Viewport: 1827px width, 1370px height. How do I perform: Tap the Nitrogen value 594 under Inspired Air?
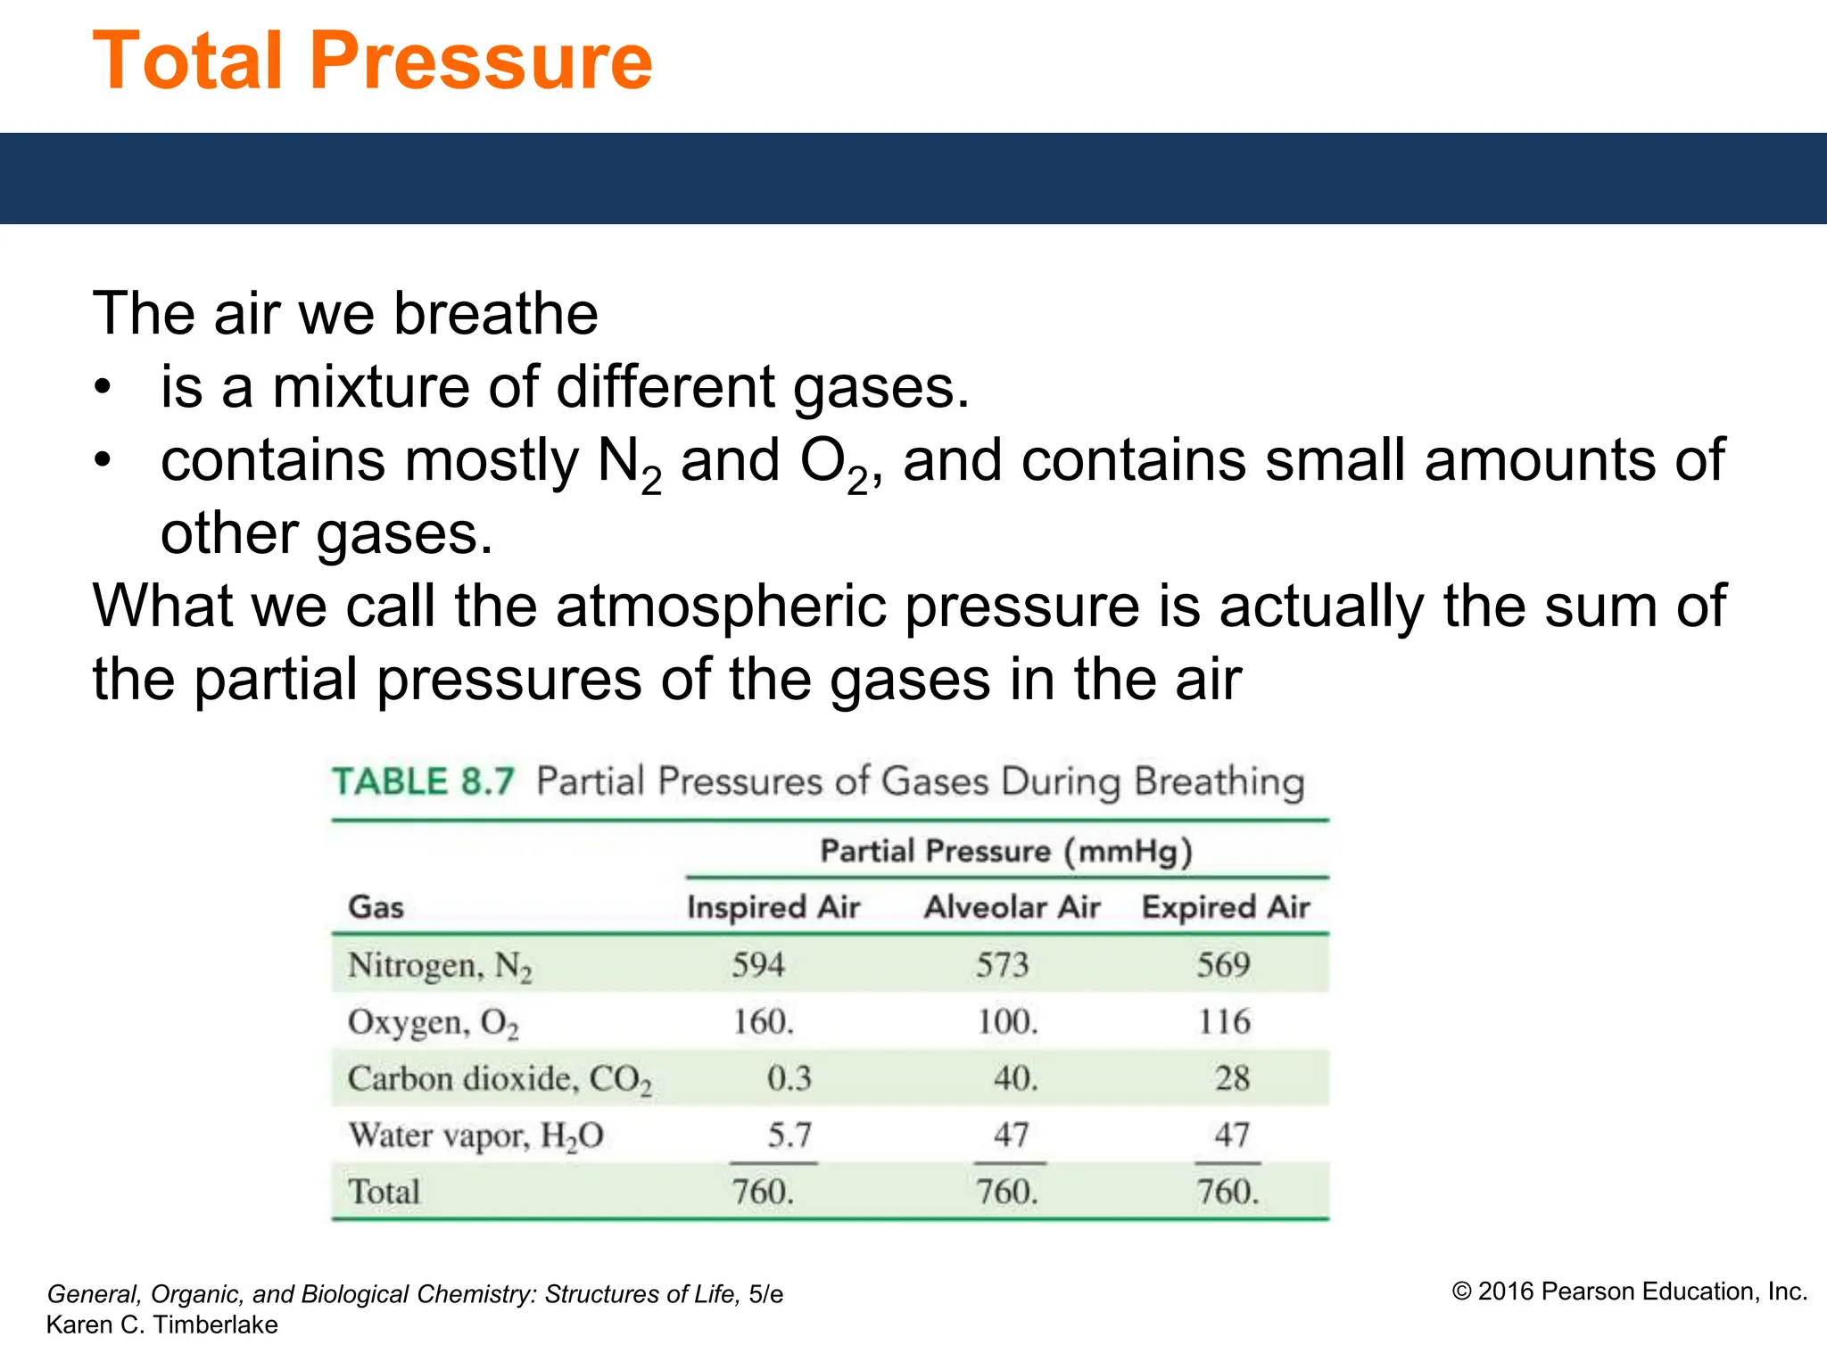(x=757, y=965)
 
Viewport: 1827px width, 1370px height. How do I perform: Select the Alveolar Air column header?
(x=1012, y=907)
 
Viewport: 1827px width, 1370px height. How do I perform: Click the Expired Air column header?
(x=1226, y=907)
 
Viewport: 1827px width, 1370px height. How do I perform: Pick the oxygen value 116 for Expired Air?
(x=1224, y=1022)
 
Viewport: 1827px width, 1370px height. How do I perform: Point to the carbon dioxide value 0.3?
(x=789, y=1078)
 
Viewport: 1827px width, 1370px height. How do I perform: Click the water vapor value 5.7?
(x=789, y=1135)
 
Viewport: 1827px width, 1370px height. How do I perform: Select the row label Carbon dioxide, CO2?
(x=500, y=1079)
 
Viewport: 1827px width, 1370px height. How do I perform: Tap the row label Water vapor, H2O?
(x=475, y=1136)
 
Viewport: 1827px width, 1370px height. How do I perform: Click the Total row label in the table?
(x=384, y=1193)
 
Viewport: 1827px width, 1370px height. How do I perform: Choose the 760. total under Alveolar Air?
(x=1007, y=1193)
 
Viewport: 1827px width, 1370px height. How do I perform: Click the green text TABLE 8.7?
(x=424, y=782)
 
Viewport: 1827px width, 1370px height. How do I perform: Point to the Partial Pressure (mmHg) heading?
(x=1006, y=851)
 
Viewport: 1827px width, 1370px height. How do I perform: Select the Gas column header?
(x=376, y=907)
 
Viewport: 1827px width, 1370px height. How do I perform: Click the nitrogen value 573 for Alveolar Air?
(x=1002, y=965)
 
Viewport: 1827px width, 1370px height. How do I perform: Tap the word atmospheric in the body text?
(x=721, y=607)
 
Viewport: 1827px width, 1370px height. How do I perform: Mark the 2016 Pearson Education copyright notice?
(x=1629, y=1292)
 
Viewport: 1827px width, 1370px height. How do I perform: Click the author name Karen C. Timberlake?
(x=162, y=1325)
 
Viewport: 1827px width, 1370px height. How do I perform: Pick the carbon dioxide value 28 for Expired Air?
(x=1232, y=1078)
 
